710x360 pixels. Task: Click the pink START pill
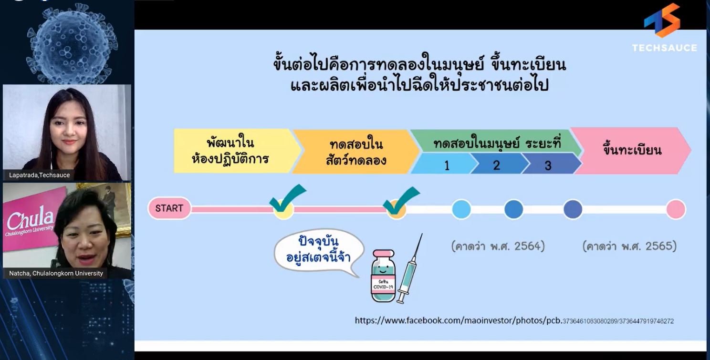click(x=169, y=208)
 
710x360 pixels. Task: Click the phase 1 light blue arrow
click(x=445, y=165)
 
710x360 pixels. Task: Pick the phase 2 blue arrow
click(x=496, y=165)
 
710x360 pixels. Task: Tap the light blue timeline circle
click(x=461, y=209)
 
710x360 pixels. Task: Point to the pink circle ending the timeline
click(x=676, y=209)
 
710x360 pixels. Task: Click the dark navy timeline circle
click(x=573, y=209)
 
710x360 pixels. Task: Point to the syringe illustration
click(x=409, y=269)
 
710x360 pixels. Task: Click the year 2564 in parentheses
click(x=498, y=246)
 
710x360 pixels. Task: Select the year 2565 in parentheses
click(x=629, y=246)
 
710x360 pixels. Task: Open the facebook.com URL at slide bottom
click(x=514, y=320)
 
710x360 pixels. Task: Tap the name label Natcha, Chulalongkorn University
click(x=56, y=273)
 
